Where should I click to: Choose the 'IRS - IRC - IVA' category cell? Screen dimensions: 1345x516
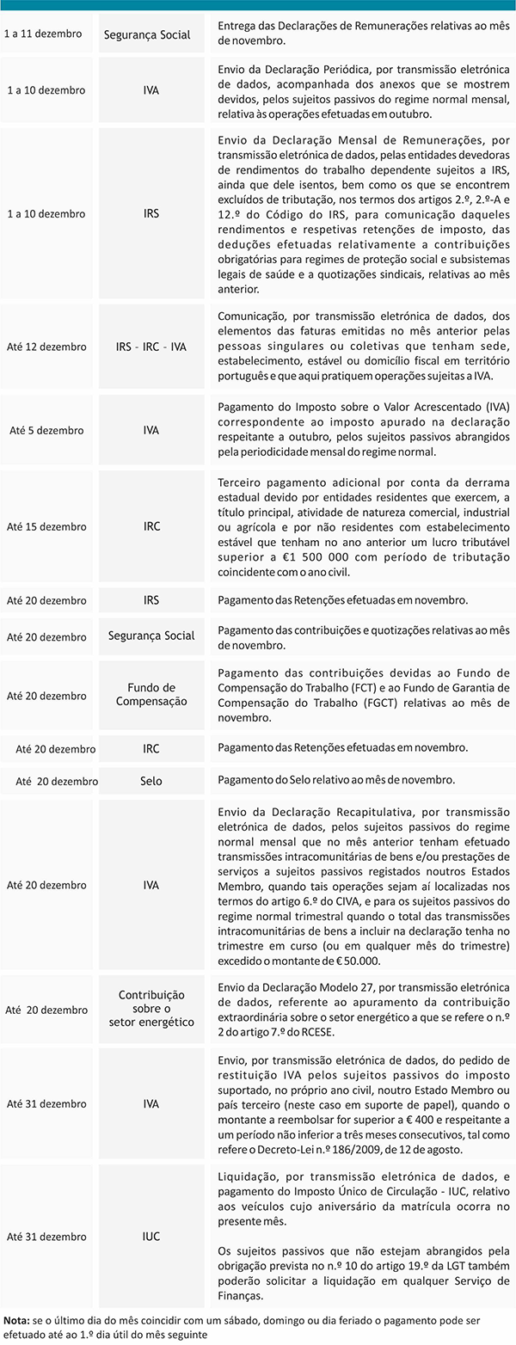tap(151, 347)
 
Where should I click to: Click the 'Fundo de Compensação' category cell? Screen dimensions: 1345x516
tap(151, 695)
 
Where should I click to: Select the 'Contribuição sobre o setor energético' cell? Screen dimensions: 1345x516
tap(151, 1009)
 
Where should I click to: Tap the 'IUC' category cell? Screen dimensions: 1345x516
tap(151, 1237)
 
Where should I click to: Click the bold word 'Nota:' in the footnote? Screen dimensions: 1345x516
tap(16, 1318)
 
